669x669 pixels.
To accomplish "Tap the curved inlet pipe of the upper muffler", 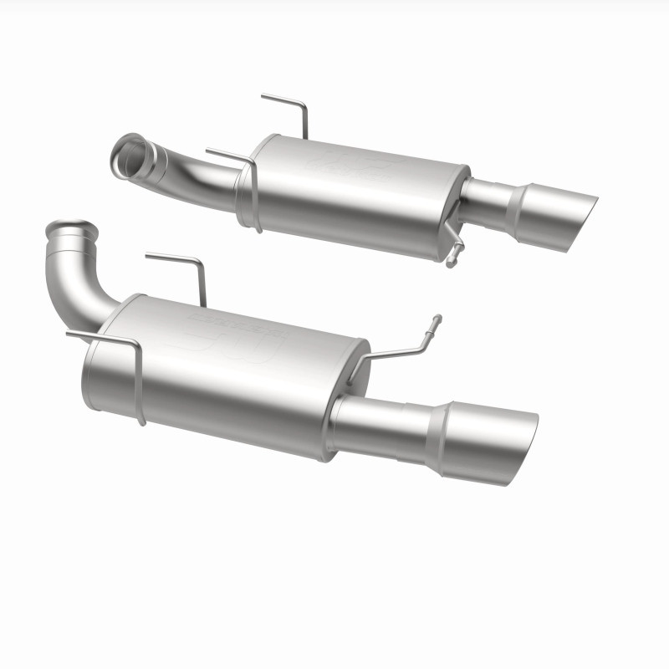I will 201,171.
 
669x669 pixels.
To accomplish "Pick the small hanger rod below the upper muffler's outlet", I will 454,247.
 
